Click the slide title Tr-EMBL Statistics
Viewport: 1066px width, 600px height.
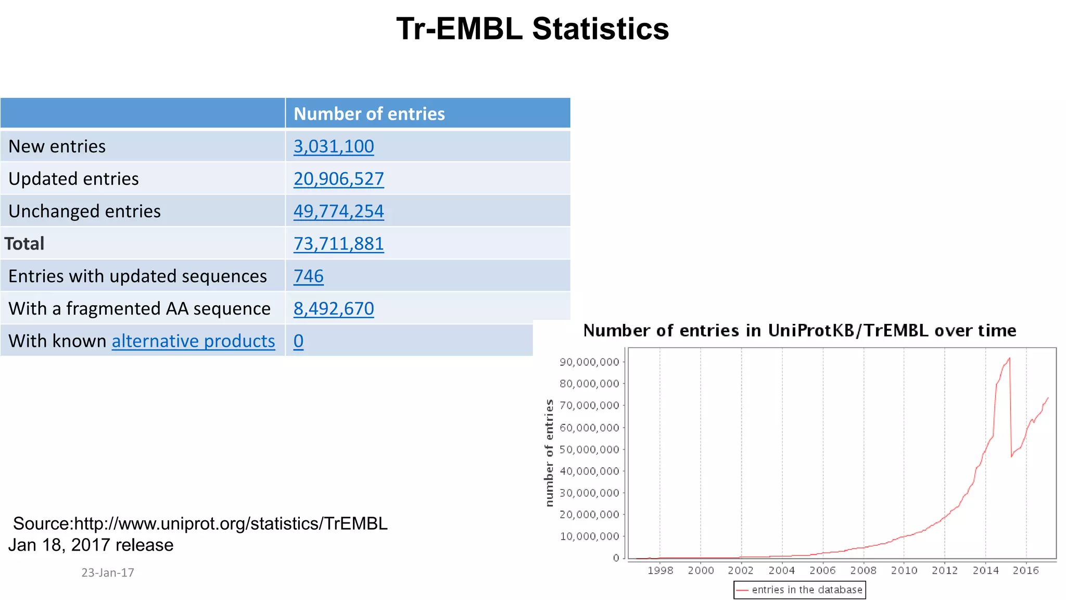[532, 29]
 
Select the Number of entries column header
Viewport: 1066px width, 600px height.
[369, 114]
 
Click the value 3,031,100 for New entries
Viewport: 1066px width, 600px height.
[334, 146]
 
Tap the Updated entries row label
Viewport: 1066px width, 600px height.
[73, 179]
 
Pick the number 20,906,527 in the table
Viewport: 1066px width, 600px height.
[338, 179]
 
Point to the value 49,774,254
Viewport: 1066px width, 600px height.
[338, 211]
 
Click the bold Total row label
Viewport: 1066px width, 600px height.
[24, 244]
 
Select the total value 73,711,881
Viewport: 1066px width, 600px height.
[338, 244]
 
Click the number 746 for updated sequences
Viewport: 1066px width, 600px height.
[308, 276]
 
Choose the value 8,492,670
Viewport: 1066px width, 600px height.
[334, 308]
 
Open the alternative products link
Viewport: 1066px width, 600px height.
[193, 341]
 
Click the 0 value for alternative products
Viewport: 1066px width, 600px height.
[298, 341]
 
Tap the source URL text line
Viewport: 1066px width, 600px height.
[200, 523]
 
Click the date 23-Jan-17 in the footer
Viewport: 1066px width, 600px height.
[108, 572]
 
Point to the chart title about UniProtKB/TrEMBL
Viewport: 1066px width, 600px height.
[799, 330]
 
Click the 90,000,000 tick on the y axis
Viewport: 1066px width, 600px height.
[589, 362]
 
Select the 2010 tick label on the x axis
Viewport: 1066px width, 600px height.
[904, 570]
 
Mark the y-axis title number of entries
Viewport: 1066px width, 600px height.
[549, 453]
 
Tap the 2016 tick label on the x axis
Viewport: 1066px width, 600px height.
[1025, 570]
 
